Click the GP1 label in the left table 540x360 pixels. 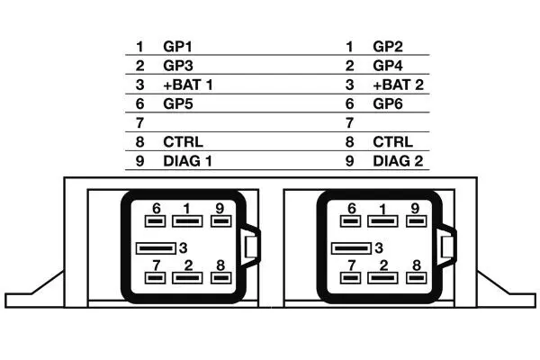[177, 46]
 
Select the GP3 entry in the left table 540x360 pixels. [177, 66]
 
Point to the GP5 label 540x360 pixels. [177, 103]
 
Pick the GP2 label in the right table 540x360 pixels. [388, 46]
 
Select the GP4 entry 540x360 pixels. [388, 66]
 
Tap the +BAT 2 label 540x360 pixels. [397, 85]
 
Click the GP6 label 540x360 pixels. [388, 103]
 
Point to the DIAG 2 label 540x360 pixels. [397, 162]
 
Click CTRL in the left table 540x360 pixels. [183, 142]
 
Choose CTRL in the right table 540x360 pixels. [392, 142]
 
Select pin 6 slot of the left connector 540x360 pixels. [155, 220]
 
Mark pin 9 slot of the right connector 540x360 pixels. [415, 220]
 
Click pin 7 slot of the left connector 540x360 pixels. [156, 277]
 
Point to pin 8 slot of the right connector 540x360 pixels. [416, 277]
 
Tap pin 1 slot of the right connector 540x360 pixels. [383, 221]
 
